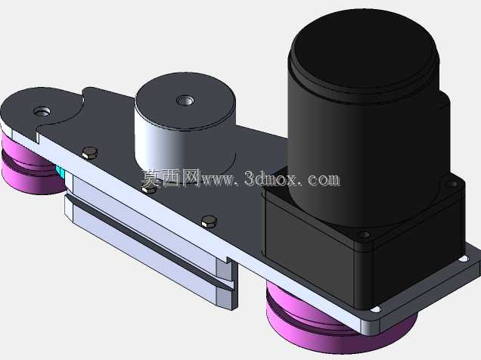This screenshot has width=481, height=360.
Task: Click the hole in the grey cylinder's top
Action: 185,101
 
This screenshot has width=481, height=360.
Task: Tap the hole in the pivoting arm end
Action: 42,111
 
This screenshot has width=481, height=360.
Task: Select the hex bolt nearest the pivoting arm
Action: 90,153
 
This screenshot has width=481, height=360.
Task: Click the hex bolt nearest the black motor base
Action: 209,222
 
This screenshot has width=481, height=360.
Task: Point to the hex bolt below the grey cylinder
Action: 150,188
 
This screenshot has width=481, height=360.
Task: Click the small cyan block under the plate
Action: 61,173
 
